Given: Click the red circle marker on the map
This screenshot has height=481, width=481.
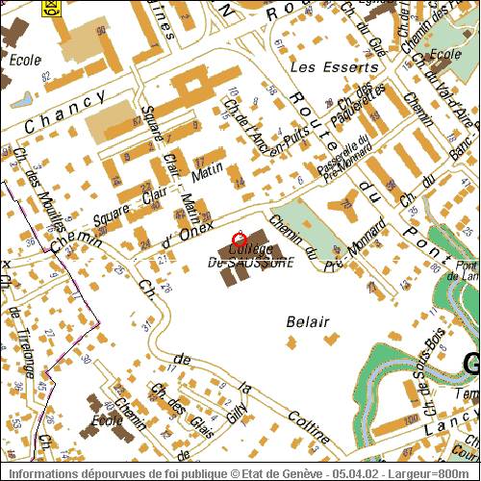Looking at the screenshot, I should pyautogui.click(x=240, y=238).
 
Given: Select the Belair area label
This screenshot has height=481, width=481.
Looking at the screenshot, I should pyautogui.click(x=308, y=321).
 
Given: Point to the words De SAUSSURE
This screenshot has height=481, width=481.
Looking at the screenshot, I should pyautogui.click(x=250, y=262).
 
